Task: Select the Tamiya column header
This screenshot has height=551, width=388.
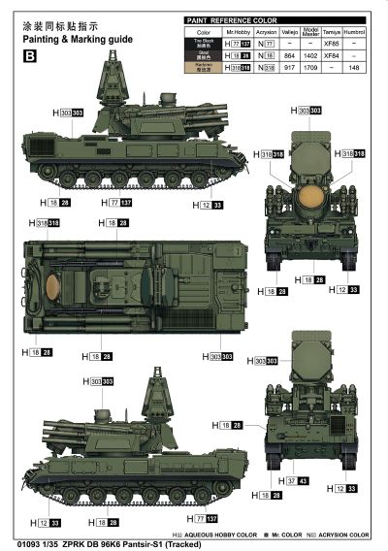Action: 332,32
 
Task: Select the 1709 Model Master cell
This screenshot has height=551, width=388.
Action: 309,69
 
